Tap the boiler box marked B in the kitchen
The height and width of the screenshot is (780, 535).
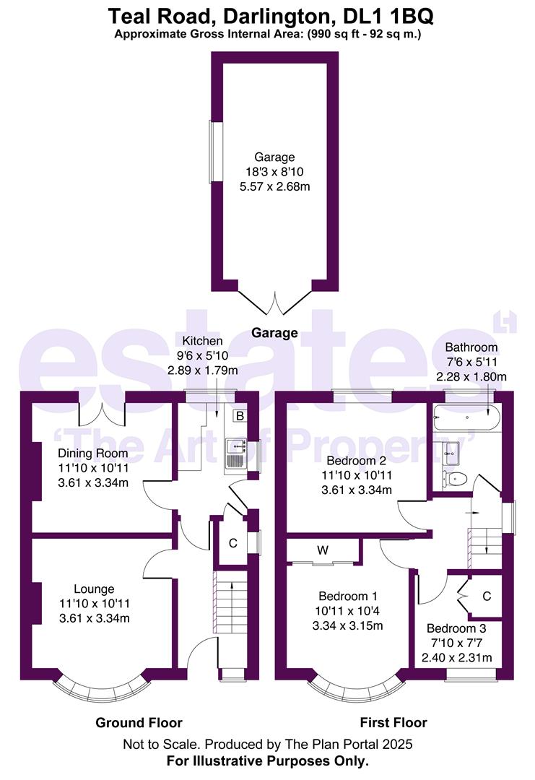pyautogui.click(x=239, y=416)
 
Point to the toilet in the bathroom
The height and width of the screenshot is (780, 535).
pyautogui.click(x=456, y=478)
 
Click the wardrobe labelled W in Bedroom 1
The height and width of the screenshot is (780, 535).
pyautogui.click(x=323, y=551)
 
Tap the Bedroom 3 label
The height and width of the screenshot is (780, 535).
pyautogui.click(x=456, y=628)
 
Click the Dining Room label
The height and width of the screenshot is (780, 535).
pyautogui.click(x=93, y=454)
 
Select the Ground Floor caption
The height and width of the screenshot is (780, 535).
pyautogui.click(x=139, y=722)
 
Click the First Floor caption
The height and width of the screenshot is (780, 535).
pyautogui.click(x=393, y=722)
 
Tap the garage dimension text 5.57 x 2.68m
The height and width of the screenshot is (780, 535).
pyautogui.click(x=274, y=186)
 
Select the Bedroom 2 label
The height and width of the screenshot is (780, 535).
pyautogui.click(x=351, y=461)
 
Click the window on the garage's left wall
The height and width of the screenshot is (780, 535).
pyautogui.click(x=212, y=152)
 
